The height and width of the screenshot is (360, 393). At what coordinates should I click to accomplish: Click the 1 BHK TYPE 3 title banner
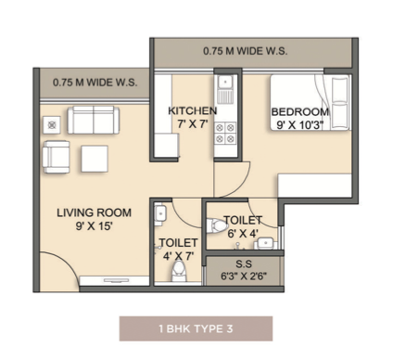(x=196, y=328)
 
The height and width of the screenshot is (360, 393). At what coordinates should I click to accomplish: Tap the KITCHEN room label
(x=192, y=110)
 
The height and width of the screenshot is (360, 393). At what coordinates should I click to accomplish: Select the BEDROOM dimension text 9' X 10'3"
(x=299, y=125)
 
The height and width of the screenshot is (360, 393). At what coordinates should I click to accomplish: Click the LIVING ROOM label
(x=94, y=212)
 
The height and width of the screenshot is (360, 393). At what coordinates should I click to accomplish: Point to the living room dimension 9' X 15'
(x=94, y=226)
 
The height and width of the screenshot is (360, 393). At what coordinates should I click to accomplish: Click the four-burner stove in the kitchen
(x=225, y=133)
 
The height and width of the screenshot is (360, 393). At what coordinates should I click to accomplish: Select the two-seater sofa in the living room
(x=94, y=120)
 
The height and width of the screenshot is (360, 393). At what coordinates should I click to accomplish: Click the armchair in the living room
(x=57, y=157)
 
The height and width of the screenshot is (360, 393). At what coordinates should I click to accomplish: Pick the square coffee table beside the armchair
(x=95, y=159)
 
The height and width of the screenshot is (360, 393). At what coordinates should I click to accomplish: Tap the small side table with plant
(x=52, y=125)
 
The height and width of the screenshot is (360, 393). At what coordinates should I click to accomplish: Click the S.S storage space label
(x=244, y=264)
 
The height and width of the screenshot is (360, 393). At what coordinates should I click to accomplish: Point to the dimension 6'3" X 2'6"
(x=244, y=276)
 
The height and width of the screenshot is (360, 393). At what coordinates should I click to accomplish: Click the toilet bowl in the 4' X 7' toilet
(x=179, y=271)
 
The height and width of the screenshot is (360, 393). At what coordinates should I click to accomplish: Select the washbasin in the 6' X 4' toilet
(x=265, y=243)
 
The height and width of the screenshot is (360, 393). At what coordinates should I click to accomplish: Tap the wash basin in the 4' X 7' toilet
(x=160, y=213)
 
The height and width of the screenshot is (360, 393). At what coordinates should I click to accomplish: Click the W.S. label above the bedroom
(x=245, y=51)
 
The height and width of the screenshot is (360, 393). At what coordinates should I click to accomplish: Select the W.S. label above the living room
(x=95, y=83)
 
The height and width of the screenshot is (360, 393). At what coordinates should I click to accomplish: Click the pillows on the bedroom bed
(x=340, y=102)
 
